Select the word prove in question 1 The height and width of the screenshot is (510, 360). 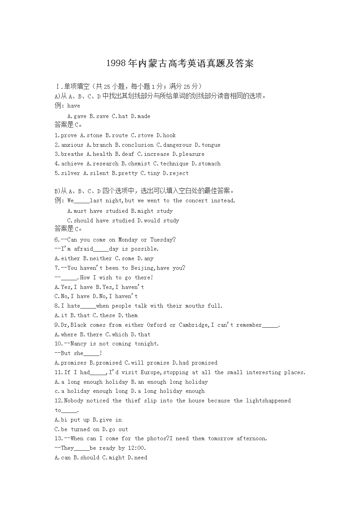[x=69, y=135]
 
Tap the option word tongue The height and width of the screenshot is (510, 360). [x=211, y=145]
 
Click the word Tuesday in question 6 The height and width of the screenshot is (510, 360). [x=163, y=240]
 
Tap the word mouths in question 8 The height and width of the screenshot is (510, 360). [x=195, y=306]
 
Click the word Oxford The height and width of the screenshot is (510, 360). [x=156, y=325]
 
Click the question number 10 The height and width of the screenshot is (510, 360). [x=58, y=344]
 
